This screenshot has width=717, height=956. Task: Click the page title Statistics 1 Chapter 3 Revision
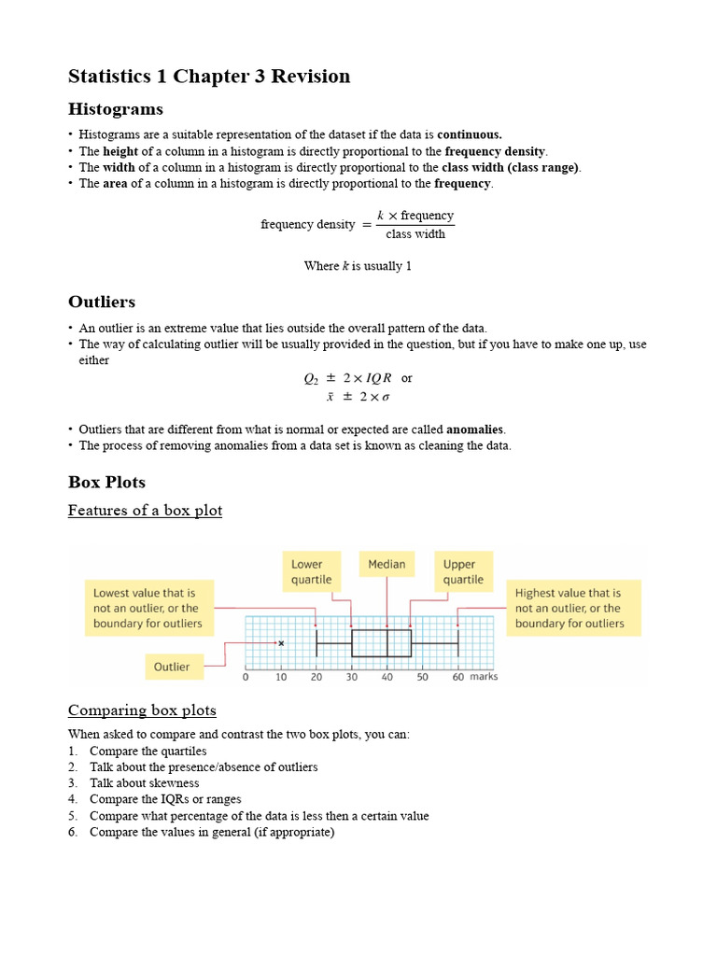click(x=209, y=77)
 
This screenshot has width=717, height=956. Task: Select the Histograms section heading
click(x=116, y=110)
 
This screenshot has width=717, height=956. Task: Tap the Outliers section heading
click(x=102, y=302)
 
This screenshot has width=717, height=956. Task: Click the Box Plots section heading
click(x=106, y=483)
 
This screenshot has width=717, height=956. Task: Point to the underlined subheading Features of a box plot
click(x=145, y=511)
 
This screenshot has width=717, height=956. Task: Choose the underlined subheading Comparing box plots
click(x=142, y=710)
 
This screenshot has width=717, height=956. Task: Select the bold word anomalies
click(x=474, y=429)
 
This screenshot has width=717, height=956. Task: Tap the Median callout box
click(x=387, y=565)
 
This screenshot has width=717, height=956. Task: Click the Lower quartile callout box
click(x=311, y=571)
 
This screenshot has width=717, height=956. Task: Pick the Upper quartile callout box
click(x=463, y=571)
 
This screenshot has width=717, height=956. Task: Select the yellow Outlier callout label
click(x=172, y=667)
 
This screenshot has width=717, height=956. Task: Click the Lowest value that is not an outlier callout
click(x=148, y=608)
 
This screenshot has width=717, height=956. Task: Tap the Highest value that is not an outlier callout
click(x=573, y=608)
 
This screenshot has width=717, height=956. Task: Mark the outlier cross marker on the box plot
click(x=281, y=643)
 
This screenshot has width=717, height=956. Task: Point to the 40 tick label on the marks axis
click(x=387, y=677)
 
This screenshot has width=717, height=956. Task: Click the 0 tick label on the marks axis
click(x=246, y=677)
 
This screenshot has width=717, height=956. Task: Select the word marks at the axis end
click(x=484, y=677)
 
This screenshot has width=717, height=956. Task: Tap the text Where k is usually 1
click(x=358, y=266)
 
